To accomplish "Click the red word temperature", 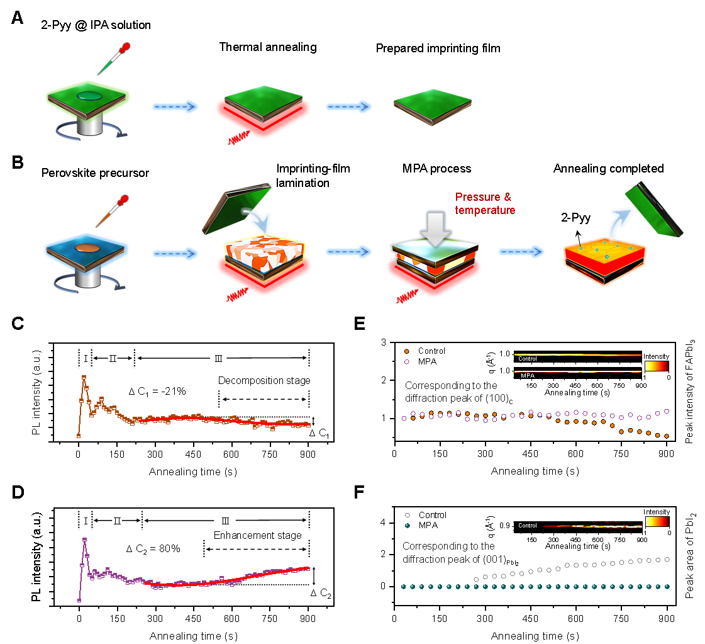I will coord(485,210).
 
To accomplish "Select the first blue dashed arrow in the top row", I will coord(175,106).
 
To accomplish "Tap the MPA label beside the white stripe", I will coord(527,376).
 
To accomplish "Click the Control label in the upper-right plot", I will coord(527,359).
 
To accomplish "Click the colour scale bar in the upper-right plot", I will coord(657,366).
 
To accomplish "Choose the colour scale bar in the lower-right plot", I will coord(657,521).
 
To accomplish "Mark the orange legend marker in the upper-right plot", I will coord(407,351).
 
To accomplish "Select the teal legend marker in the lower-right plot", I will coord(407,525).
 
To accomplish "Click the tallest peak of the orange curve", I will coord(84,377).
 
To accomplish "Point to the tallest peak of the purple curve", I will coord(84,539).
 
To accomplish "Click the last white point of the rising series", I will coord(667,558).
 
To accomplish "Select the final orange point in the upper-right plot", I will coord(667,436).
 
